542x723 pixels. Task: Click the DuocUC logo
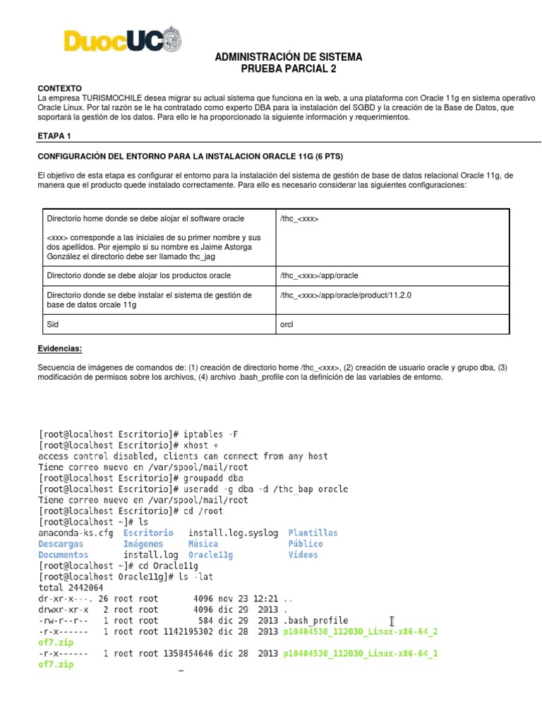pyautogui.click(x=121, y=40)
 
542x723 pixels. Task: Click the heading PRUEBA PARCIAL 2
pyautogui.click(x=289, y=68)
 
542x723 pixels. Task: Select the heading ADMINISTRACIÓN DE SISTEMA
pyautogui.click(x=289, y=56)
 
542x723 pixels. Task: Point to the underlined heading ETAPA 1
pyautogui.click(x=53, y=135)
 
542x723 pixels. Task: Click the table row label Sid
pyautogui.click(x=52, y=325)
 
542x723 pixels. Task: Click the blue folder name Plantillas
pyautogui.click(x=312, y=533)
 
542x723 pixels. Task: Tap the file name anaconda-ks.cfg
pyautogui.click(x=75, y=533)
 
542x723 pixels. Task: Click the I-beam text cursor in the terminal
pyautogui.click(x=391, y=621)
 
